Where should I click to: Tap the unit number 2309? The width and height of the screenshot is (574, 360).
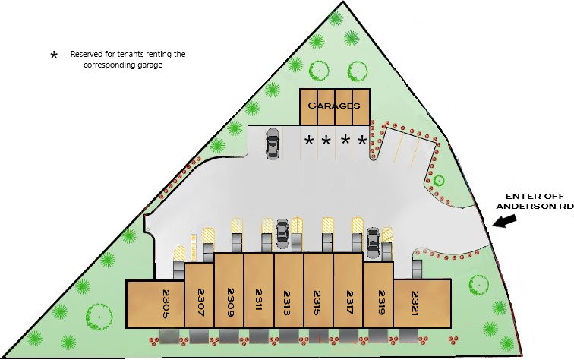[229, 300]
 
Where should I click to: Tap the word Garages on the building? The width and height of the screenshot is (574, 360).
[334, 106]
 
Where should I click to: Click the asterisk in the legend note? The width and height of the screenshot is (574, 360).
[53, 55]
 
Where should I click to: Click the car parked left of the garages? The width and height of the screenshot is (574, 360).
[273, 143]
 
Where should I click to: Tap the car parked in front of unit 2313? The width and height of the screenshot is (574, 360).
[282, 232]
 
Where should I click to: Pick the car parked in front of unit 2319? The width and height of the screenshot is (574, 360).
[373, 239]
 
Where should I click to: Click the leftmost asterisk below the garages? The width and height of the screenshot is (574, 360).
[308, 141]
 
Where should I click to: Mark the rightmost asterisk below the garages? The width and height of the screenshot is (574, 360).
[362, 141]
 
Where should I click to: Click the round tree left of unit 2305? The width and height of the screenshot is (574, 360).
[98, 314]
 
